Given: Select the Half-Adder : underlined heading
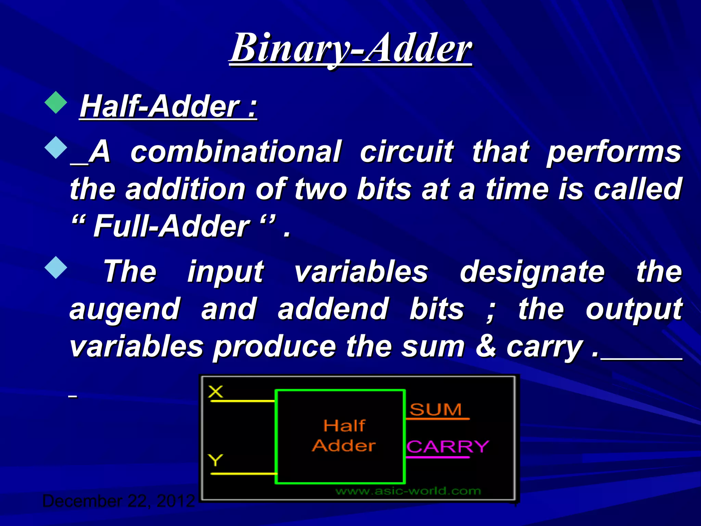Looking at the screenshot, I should tap(168, 107).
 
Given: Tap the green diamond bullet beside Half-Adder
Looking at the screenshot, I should tap(56, 102).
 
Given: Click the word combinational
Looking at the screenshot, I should tap(235, 151).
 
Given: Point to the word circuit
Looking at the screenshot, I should tap(406, 151).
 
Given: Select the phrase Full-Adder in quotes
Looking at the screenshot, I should tap(171, 226).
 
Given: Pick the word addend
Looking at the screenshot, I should tap(333, 309).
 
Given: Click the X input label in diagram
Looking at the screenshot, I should tap(215, 391).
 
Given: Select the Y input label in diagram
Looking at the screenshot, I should tap(215, 460).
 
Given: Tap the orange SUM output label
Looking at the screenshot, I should tap(435, 410).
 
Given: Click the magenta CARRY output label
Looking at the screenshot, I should tap(448, 447).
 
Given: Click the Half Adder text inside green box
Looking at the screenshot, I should tap(344, 436).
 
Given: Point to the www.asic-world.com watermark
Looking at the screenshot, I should tap(408, 491).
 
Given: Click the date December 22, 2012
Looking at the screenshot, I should tap(118, 501).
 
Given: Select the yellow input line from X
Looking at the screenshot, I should tap(242, 400).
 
